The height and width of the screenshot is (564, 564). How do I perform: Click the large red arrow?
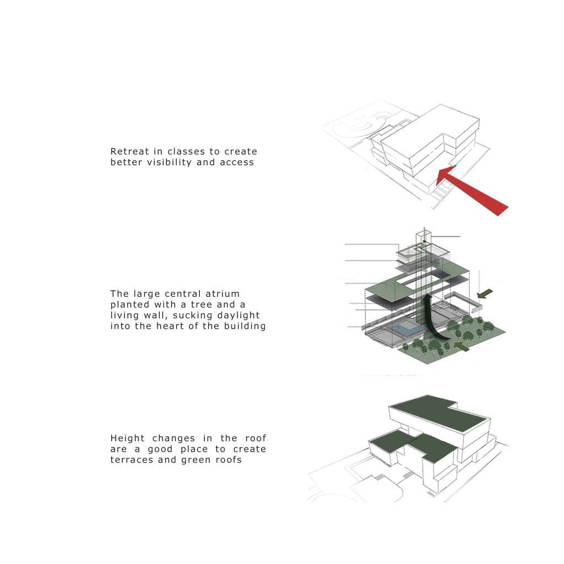[471, 190]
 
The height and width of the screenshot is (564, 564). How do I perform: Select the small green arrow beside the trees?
[462, 347]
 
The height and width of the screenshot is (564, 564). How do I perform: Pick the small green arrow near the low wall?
[485, 294]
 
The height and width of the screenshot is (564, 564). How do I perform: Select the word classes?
[186, 151]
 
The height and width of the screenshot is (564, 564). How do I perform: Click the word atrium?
[223, 294]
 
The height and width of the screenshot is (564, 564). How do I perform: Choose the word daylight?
[238, 316]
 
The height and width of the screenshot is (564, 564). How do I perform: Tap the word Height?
[127, 438]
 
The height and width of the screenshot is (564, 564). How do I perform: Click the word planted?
[129, 305]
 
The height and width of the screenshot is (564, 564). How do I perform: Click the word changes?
[173, 438]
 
